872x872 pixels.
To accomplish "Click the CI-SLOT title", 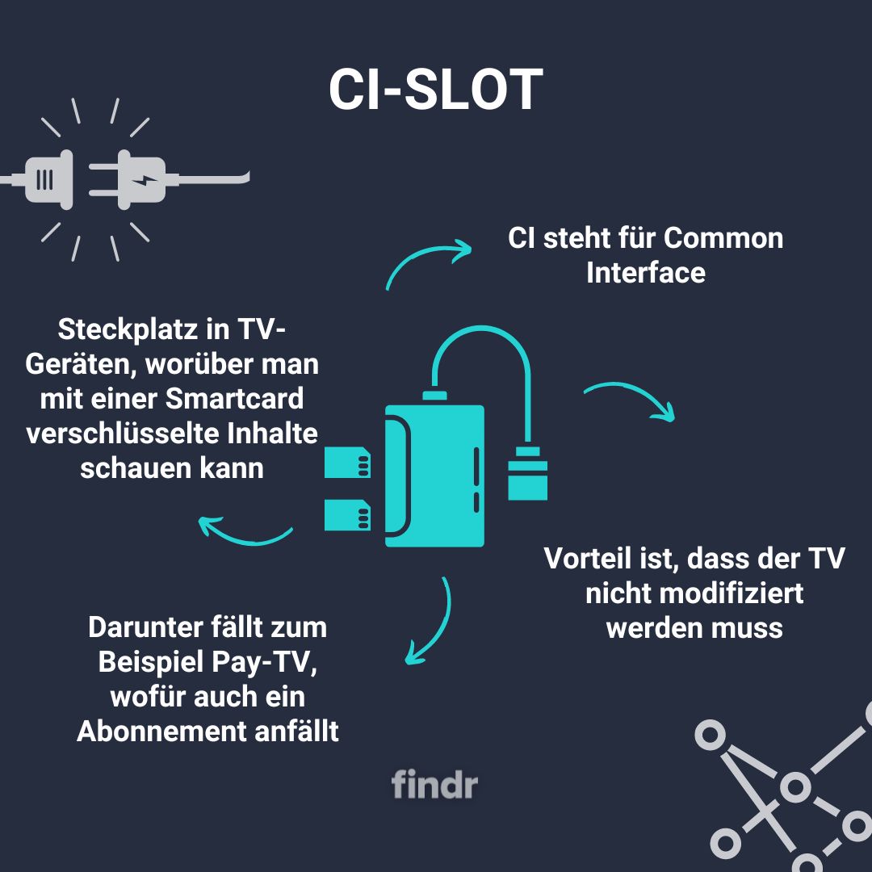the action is click(x=435, y=89).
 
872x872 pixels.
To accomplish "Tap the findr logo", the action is click(x=434, y=784).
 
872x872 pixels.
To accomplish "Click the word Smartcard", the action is click(x=235, y=399).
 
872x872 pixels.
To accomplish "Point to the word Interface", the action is click(x=646, y=273).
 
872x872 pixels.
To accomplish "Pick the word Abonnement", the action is click(x=161, y=731).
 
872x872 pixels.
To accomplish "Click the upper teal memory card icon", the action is click(x=347, y=462).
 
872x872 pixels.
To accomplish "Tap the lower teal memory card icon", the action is click(x=347, y=515).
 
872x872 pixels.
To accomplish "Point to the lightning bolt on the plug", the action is click(x=145, y=180).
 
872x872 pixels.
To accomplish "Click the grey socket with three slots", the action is click(x=49, y=179).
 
